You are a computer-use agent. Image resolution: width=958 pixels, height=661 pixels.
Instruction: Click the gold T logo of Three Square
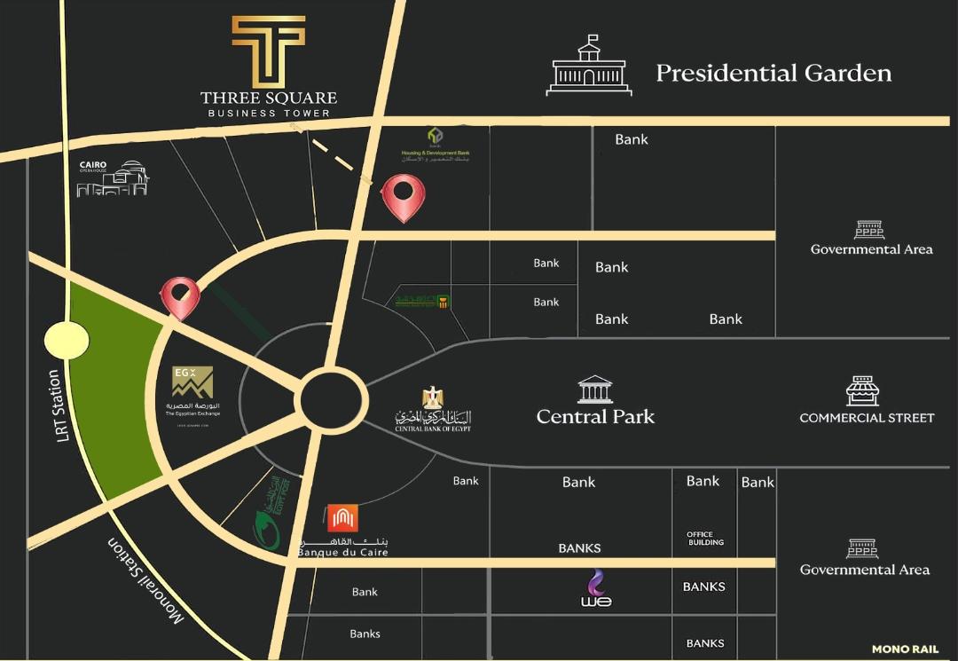pyautogui.click(x=268, y=51)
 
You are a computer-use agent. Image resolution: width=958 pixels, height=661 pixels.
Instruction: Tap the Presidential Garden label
pyautogui.click(x=773, y=73)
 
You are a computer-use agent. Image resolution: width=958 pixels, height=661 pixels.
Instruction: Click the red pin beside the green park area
pyautogui.click(x=180, y=297)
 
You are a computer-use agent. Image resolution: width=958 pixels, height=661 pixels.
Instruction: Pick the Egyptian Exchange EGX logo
pyautogui.click(x=192, y=382)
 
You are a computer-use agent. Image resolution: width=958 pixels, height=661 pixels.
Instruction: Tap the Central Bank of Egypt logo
pyautogui.click(x=433, y=409)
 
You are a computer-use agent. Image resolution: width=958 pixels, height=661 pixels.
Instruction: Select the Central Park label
pyautogui.click(x=595, y=416)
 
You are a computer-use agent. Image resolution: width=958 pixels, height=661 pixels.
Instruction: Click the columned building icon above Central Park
pyautogui.click(x=594, y=389)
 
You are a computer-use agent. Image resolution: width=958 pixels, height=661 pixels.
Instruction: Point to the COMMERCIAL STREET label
pyautogui.click(x=867, y=417)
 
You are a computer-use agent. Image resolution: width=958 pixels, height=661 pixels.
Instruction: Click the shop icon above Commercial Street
pyautogui.click(x=861, y=390)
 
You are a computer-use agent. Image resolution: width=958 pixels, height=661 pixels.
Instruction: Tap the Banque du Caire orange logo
pyautogui.click(x=342, y=518)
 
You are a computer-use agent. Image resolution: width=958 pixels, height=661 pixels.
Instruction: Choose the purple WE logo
pyautogui.click(x=596, y=589)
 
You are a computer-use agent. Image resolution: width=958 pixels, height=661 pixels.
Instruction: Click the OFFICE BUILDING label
pyautogui.click(x=705, y=539)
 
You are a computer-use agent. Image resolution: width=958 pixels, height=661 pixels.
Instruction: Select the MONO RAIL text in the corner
pyautogui.click(x=905, y=649)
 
